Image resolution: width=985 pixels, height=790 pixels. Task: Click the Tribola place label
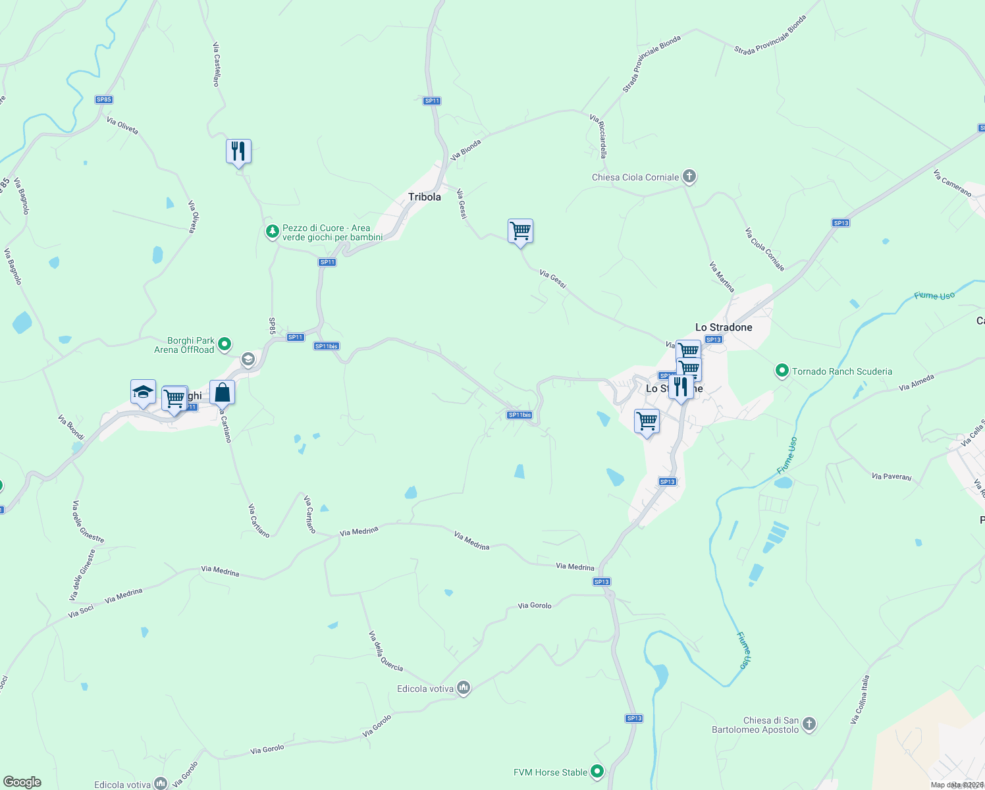coord(425,197)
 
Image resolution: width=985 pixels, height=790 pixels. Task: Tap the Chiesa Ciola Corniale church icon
coord(689,176)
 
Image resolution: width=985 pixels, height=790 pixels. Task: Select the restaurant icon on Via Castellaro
coord(238,152)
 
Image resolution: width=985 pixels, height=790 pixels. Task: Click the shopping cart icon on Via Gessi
coord(520,231)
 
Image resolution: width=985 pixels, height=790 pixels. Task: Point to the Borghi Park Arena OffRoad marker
coord(225,344)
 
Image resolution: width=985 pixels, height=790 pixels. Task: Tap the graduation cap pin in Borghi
coord(143,392)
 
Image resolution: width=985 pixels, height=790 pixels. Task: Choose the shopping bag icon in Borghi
coord(222,392)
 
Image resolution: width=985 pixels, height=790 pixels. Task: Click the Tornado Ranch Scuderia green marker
coord(782,371)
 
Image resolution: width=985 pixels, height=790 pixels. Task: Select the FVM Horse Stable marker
coord(597,772)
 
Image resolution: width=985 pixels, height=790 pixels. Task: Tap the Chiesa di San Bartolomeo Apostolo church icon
coord(809,724)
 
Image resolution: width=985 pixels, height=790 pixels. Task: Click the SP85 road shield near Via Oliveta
coord(104,99)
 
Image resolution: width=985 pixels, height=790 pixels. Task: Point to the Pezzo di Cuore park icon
coord(272,232)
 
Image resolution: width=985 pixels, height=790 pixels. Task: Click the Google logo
coord(22,782)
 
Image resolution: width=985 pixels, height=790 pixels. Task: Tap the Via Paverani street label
coord(892,476)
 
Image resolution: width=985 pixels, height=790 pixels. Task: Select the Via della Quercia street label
coord(386,651)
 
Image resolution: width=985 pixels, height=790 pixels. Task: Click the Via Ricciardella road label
coord(599,136)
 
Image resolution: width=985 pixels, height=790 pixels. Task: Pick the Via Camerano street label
coord(952,183)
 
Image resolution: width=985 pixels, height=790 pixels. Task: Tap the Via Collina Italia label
coord(860,699)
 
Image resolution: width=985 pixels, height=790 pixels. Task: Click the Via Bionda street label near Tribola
coord(466,150)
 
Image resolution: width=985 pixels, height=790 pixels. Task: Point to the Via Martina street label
coord(722,276)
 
